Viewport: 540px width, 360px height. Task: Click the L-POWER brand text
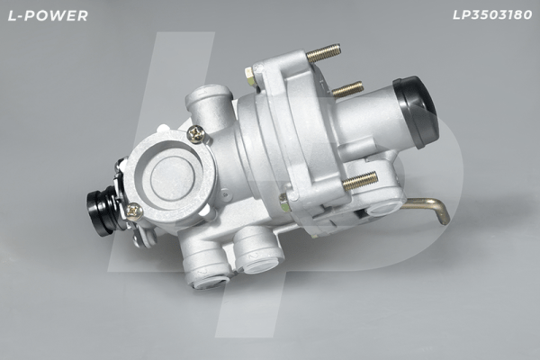(x=48, y=15)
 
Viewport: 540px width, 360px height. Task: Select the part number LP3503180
(x=492, y=14)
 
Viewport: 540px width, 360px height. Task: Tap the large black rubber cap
(x=416, y=111)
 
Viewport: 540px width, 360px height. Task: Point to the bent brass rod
(x=427, y=209)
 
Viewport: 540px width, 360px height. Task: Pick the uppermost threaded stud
(x=324, y=52)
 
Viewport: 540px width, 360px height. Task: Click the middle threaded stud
(x=347, y=89)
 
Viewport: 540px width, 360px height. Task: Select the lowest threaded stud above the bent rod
(x=360, y=180)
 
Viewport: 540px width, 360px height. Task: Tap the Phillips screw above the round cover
(x=196, y=134)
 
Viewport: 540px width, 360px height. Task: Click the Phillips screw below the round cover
(x=135, y=210)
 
